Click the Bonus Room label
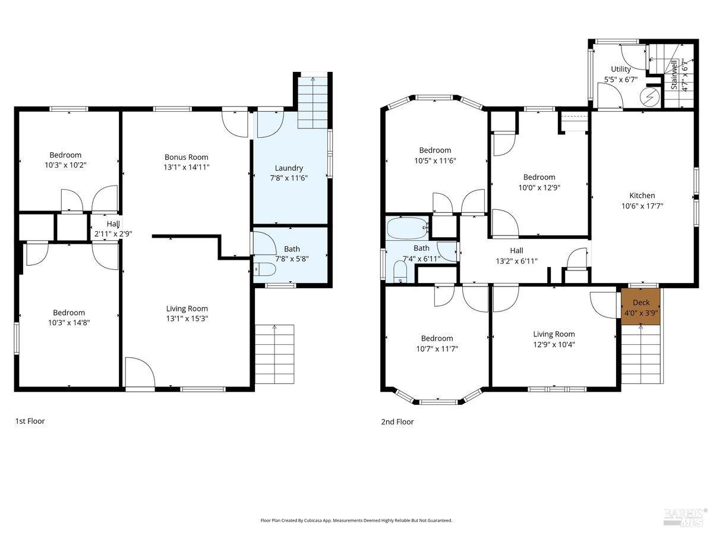(186, 157)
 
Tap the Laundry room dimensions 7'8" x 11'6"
(289, 178)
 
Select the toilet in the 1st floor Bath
(265, 269)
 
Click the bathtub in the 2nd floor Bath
(408, 228)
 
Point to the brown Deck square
(641, 307)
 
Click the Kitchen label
(642, 196)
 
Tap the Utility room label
(621, 69)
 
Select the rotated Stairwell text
(674, 75)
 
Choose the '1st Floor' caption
(30, 421)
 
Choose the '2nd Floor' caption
(397, 421)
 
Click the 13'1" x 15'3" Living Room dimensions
(187, 319)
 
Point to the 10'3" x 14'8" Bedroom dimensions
(69, 323)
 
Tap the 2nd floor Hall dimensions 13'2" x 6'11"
(516, 261)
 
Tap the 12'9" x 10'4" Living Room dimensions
(554, 344)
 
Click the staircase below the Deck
(641, 354)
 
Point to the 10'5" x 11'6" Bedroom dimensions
(436, 160)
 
